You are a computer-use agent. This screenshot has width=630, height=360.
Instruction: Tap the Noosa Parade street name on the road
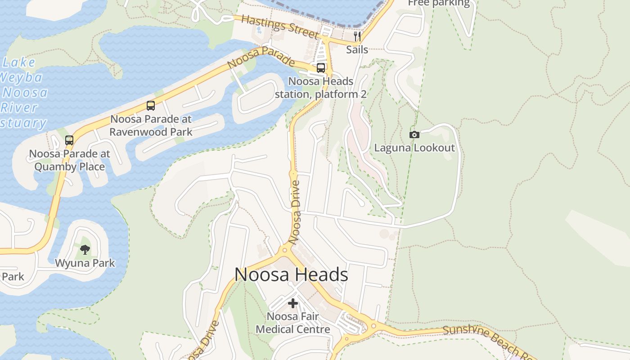pos(261,58)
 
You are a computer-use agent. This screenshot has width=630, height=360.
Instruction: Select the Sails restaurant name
pos(357,49)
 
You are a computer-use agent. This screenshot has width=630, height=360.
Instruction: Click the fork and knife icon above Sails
pos(357,36)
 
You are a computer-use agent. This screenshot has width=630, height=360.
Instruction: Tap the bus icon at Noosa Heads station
pos(321,68)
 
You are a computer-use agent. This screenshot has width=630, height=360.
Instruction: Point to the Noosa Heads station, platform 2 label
pos(320,88)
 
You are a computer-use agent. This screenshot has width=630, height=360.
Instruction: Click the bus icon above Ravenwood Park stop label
pos(151,106)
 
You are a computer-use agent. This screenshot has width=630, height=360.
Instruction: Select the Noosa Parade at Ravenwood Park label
pos(151,126)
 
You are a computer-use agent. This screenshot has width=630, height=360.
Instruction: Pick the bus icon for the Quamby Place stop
pos(69,140)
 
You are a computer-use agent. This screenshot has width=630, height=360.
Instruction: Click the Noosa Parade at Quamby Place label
pos(69,160)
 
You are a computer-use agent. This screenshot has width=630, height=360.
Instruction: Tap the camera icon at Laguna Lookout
pos(414,135)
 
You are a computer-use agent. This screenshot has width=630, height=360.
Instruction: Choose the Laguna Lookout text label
pos(414,148)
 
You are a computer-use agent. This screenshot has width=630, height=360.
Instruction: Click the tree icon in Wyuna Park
pos(85,249)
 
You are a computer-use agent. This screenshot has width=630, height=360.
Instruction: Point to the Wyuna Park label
pos(85,263)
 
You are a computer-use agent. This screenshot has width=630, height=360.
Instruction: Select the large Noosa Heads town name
pos(291,274)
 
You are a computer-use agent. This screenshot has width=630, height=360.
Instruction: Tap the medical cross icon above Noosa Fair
pos(293,303)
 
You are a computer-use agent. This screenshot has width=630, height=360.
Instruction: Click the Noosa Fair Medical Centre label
pos(293,323)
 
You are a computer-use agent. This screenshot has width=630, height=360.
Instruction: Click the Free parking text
pos(438,4)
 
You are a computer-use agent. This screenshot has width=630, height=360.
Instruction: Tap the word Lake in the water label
pos(18,63)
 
